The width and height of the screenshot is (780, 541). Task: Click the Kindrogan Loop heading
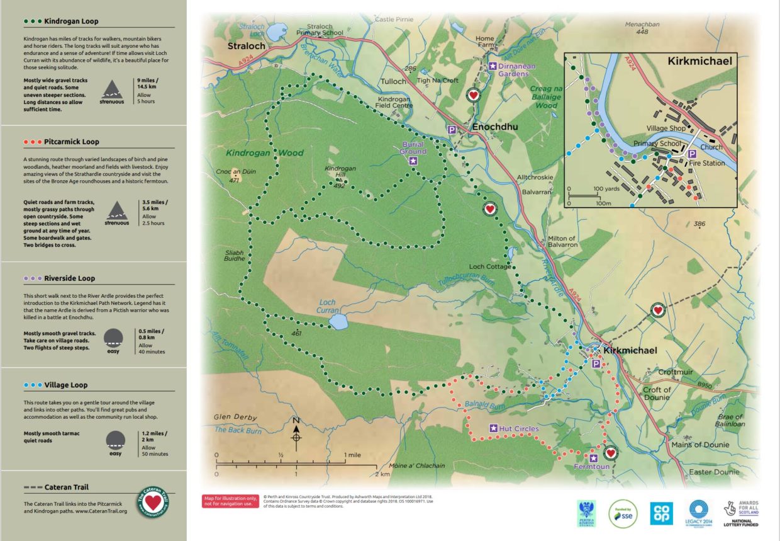pyautogui.click(x=71, y=21)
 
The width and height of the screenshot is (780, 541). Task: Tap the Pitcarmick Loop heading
pyautogui.click(x=71, y=142)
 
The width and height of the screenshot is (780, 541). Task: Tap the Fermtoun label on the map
pyautogui.click(x=591, y=467)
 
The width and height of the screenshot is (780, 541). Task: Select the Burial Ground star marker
pyautogui.click(x=413, y=161)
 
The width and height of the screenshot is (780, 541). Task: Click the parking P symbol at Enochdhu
pyautogui.click(x=451, y=129)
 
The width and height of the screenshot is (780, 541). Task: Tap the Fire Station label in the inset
pyautogui.click(x=706, y=163)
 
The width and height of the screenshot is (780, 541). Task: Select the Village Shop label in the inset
pyautogui.click(x=665, y=128)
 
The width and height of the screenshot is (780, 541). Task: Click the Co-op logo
pyautogui.click(x=662, y=513)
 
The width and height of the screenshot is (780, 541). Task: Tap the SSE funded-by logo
pyautogui.click(x=622, y=514)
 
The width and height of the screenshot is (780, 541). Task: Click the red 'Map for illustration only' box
pyautogui.click(x=230, y=501)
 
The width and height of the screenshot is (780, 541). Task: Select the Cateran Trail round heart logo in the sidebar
pyautogui.click(x=152, y=503)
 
